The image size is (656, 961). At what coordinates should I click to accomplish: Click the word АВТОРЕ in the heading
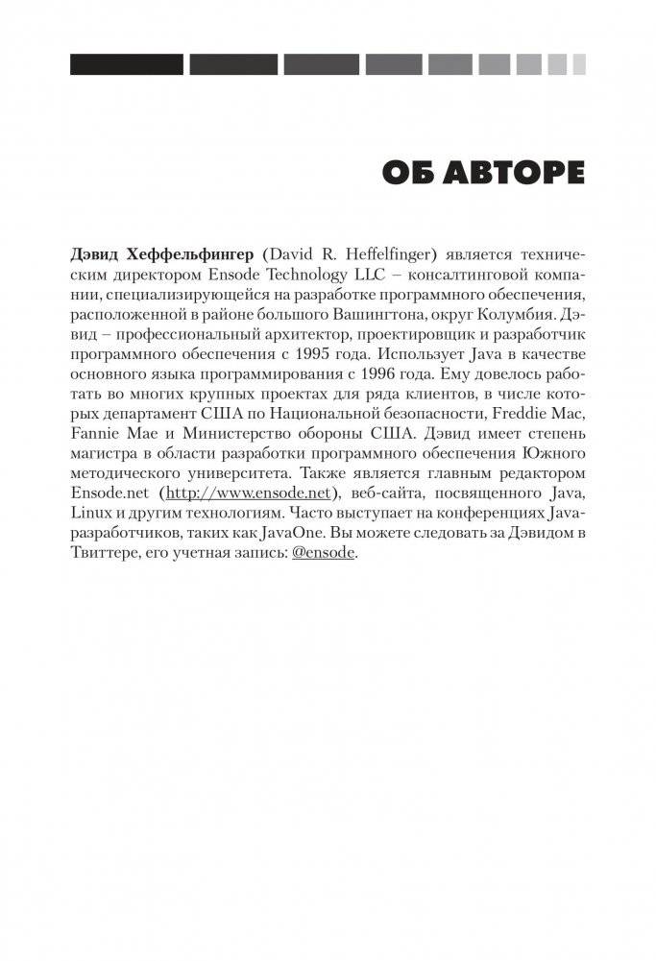point(505,173)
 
